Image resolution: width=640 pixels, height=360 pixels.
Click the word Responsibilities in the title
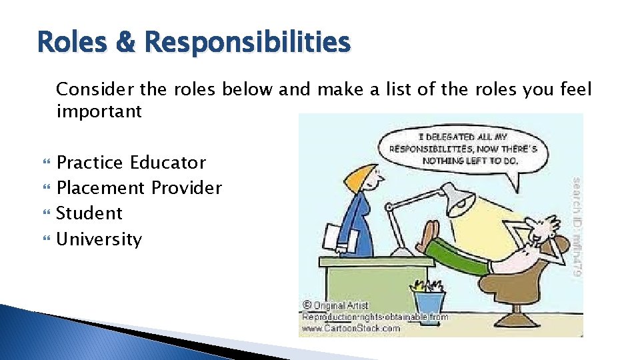pos(247,43)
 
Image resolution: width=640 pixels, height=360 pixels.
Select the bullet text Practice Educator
pos(131,163)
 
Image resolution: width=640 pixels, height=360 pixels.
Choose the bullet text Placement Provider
pos(139,188)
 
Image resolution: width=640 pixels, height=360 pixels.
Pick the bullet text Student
pos(89,213)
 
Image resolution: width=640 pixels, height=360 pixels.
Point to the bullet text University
pos(99,239)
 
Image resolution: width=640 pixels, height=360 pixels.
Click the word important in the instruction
pos(99,111)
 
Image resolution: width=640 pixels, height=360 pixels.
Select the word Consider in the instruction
pos(88,89)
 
